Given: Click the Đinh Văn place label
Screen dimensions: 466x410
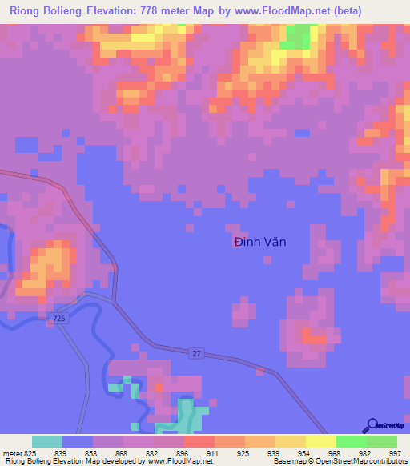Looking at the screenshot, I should pyautogui.click(x=259, y=242).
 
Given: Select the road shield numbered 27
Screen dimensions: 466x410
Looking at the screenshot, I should pyautogui.click(x=197, y=352).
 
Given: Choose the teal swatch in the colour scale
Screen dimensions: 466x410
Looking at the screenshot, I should pyautogui.click(x=47, y=441).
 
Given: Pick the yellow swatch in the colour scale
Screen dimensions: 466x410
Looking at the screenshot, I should pyautogui.click(x=320, y=441).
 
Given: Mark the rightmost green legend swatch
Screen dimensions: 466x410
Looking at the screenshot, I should pyautogui.click(x=381, y=441).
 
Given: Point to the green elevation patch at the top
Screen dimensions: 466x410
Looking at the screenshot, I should pyautogui.click(x=298, y=36).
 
